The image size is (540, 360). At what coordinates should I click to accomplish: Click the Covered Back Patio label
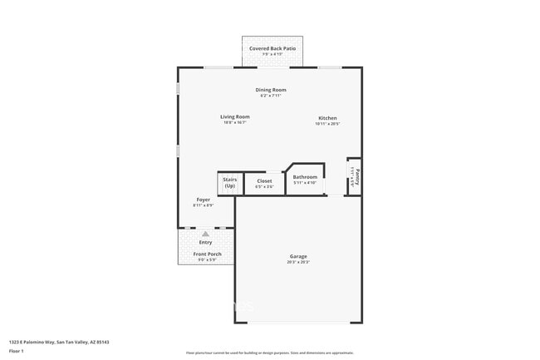(272, 48)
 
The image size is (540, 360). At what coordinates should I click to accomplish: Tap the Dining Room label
(271, 89)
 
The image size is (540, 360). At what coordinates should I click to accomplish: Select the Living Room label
(234, 116)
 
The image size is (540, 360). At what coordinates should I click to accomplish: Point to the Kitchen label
(327, 118)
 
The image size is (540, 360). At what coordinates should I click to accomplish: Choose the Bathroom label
(305, 176)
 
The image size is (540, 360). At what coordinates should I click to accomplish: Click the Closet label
(264, 180)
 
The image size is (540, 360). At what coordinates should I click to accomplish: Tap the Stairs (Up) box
(229, 183)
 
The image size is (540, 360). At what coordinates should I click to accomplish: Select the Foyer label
(203, 200)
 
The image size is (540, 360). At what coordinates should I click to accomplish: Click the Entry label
(205, 242)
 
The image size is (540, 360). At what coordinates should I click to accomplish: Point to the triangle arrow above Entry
(205, 234)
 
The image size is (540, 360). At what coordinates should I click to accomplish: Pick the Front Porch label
(207, 254)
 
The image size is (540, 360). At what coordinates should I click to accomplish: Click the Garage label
(298, 256)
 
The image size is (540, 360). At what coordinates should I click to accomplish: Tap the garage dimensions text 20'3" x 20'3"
(298, 263)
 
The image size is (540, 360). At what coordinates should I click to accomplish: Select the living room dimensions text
(234, 122)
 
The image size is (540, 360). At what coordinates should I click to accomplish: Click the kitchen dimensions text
(327, 124)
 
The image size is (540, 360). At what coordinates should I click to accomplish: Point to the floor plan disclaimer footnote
(269, 353)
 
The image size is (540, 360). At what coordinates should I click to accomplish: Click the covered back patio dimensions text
(272, 54)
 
